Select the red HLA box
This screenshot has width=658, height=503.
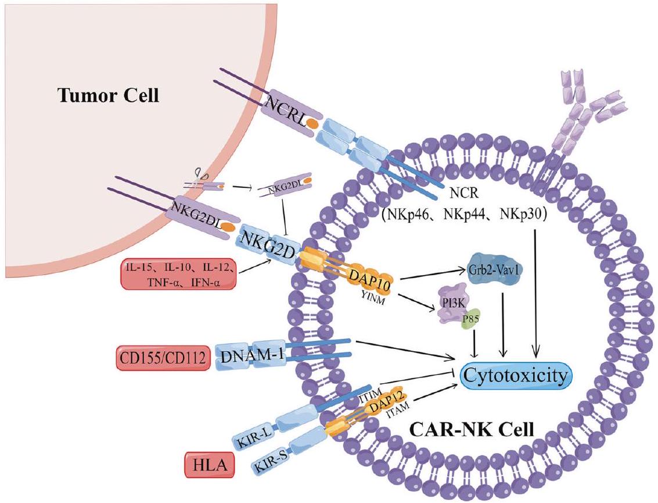point(206,465)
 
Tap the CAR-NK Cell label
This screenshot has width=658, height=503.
point(472,431)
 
